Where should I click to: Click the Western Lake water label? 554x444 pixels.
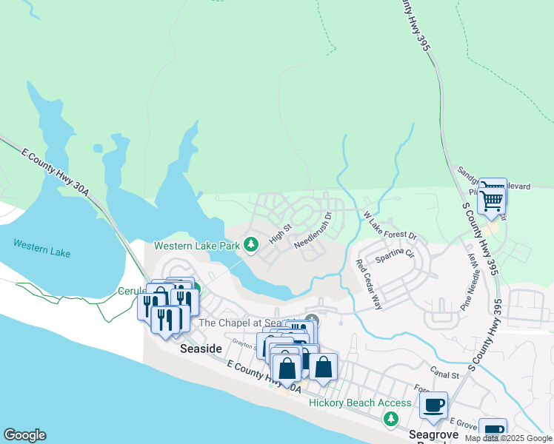[x=41, y=248]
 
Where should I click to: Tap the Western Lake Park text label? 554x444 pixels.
[x=197, y=245]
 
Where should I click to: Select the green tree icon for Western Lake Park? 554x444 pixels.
[x=251, y=244]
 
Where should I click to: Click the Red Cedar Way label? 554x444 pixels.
[x=368, y=284]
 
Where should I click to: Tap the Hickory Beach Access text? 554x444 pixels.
[x=360, y=403]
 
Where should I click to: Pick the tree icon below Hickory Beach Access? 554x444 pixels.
[x=390, y=420]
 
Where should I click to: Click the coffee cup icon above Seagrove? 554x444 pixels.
[x=434, y=405]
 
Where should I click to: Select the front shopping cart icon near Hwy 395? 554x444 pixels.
[x=491, y=201]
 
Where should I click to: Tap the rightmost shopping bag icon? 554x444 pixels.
[x=323, y=366]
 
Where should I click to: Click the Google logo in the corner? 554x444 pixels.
[x=24, y=435]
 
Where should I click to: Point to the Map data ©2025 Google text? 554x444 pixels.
[x=508, y=438]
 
